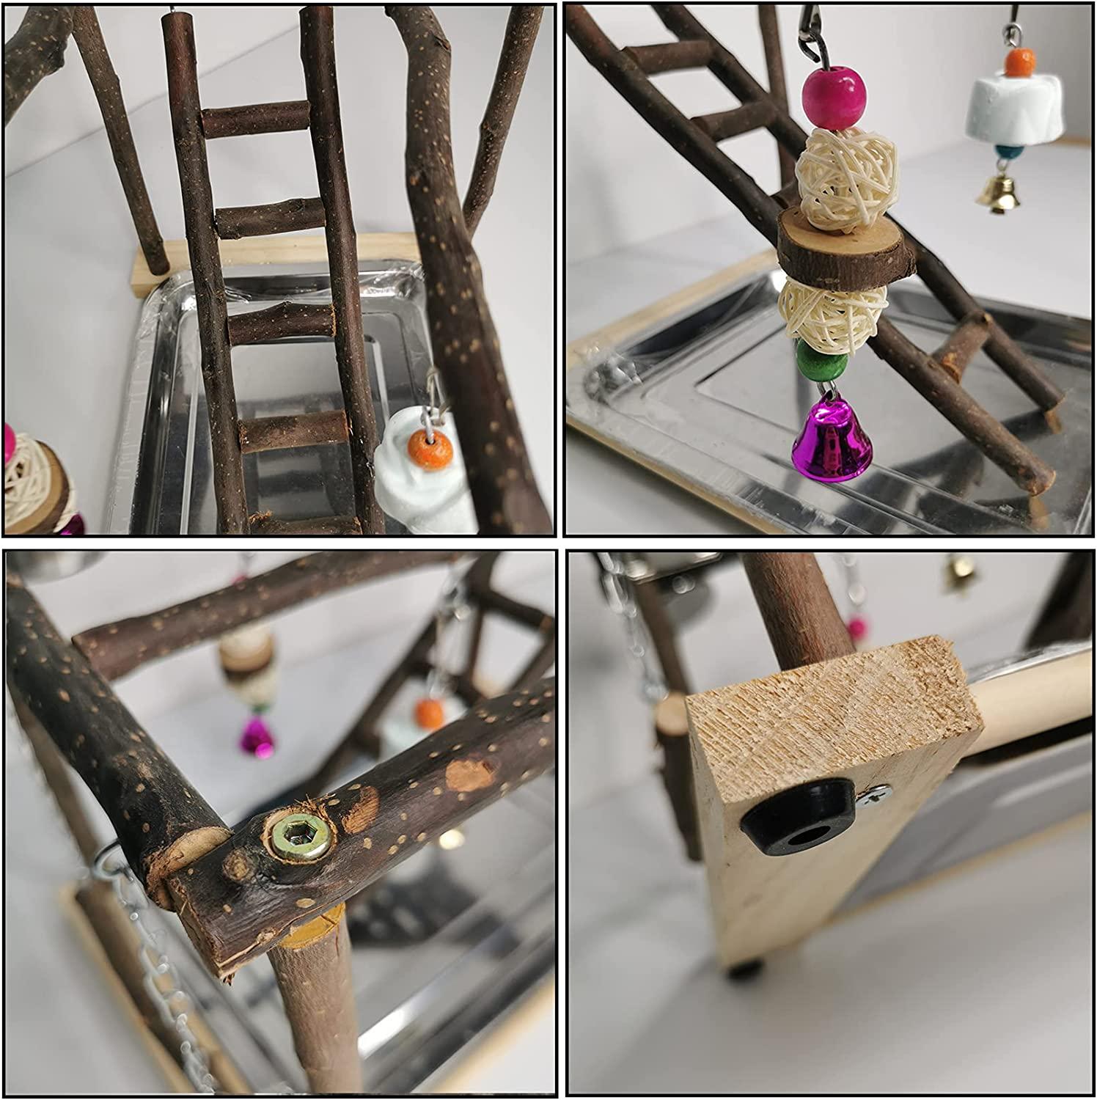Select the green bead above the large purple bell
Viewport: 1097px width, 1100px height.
(x=819, y=363)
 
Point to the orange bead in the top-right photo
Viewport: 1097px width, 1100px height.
(x=1014, y=62)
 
